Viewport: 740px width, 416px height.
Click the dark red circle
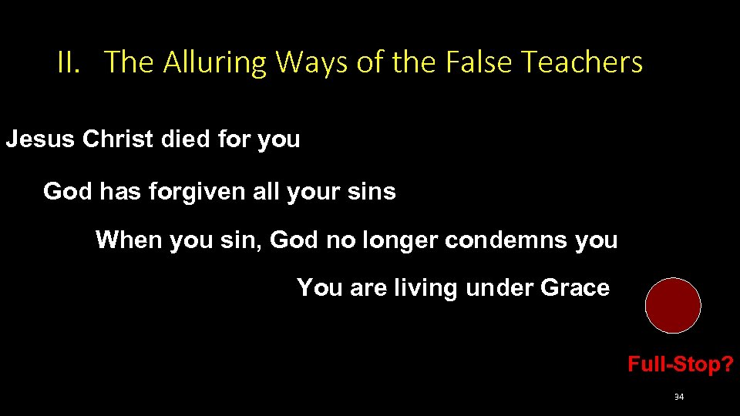[673, 305]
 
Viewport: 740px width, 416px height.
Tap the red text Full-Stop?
[680, 364]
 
